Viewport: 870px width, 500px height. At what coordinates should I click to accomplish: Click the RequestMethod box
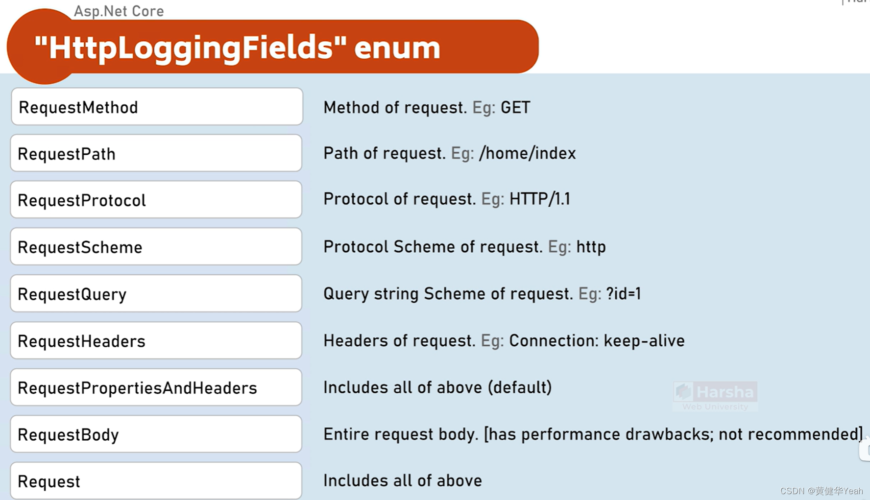tap(157, 107)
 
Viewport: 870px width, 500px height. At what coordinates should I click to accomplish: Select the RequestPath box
tap(156, 153)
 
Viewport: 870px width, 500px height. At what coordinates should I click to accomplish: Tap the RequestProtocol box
tap(156, 200)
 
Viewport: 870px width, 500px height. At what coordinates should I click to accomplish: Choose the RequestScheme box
tap(156, 247)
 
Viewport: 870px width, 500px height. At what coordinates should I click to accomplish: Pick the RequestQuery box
tap(156, 294)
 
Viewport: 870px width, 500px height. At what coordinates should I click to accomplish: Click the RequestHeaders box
tap(156, 341)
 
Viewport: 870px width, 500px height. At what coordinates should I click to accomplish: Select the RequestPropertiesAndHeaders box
tap(156, 387)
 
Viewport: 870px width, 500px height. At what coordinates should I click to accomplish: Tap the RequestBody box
tap(156, 434)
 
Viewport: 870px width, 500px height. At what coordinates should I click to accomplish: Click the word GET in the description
tap(515, 107)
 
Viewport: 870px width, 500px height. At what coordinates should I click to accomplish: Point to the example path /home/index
tap(527, 153)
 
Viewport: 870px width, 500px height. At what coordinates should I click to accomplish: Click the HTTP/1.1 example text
tap(539, 199)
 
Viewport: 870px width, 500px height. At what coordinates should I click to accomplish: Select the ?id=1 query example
tap(623, 294)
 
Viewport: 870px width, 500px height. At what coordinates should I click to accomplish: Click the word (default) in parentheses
tap(520, 387)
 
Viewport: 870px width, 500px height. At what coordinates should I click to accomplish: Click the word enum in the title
tap(397, 48)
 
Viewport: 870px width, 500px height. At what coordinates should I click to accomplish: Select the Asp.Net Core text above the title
tap(119, 11)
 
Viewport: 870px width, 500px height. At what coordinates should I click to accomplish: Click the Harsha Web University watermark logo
tap(715, 396)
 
